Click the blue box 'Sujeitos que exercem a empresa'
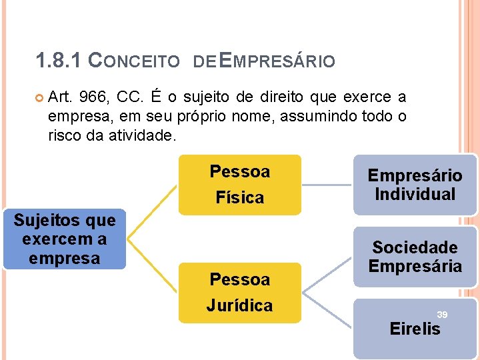pyautogui.click(x=65, y=239)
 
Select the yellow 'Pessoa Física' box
pyautogui.click(x=239, y=185)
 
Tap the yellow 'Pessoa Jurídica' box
pyautogui.click(x=239, y=293)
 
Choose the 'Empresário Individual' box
pyautogui.click(x=415, y=185)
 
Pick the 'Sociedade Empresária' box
pyautogui.click(x=415, y=257)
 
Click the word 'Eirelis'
pyautogui.click(x=415, y=329)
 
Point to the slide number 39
pyautogui.click(x=441, y=314)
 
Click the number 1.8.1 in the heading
pyautogui.click(x=59, y=61)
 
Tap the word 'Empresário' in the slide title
pyautogui.click(x=277, y=62)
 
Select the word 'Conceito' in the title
pyautogui.click(x=134, y=62)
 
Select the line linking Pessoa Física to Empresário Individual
pyautogui.click(x=327, y=185)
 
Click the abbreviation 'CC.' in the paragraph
pyautogui.click(x=127, y=97)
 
